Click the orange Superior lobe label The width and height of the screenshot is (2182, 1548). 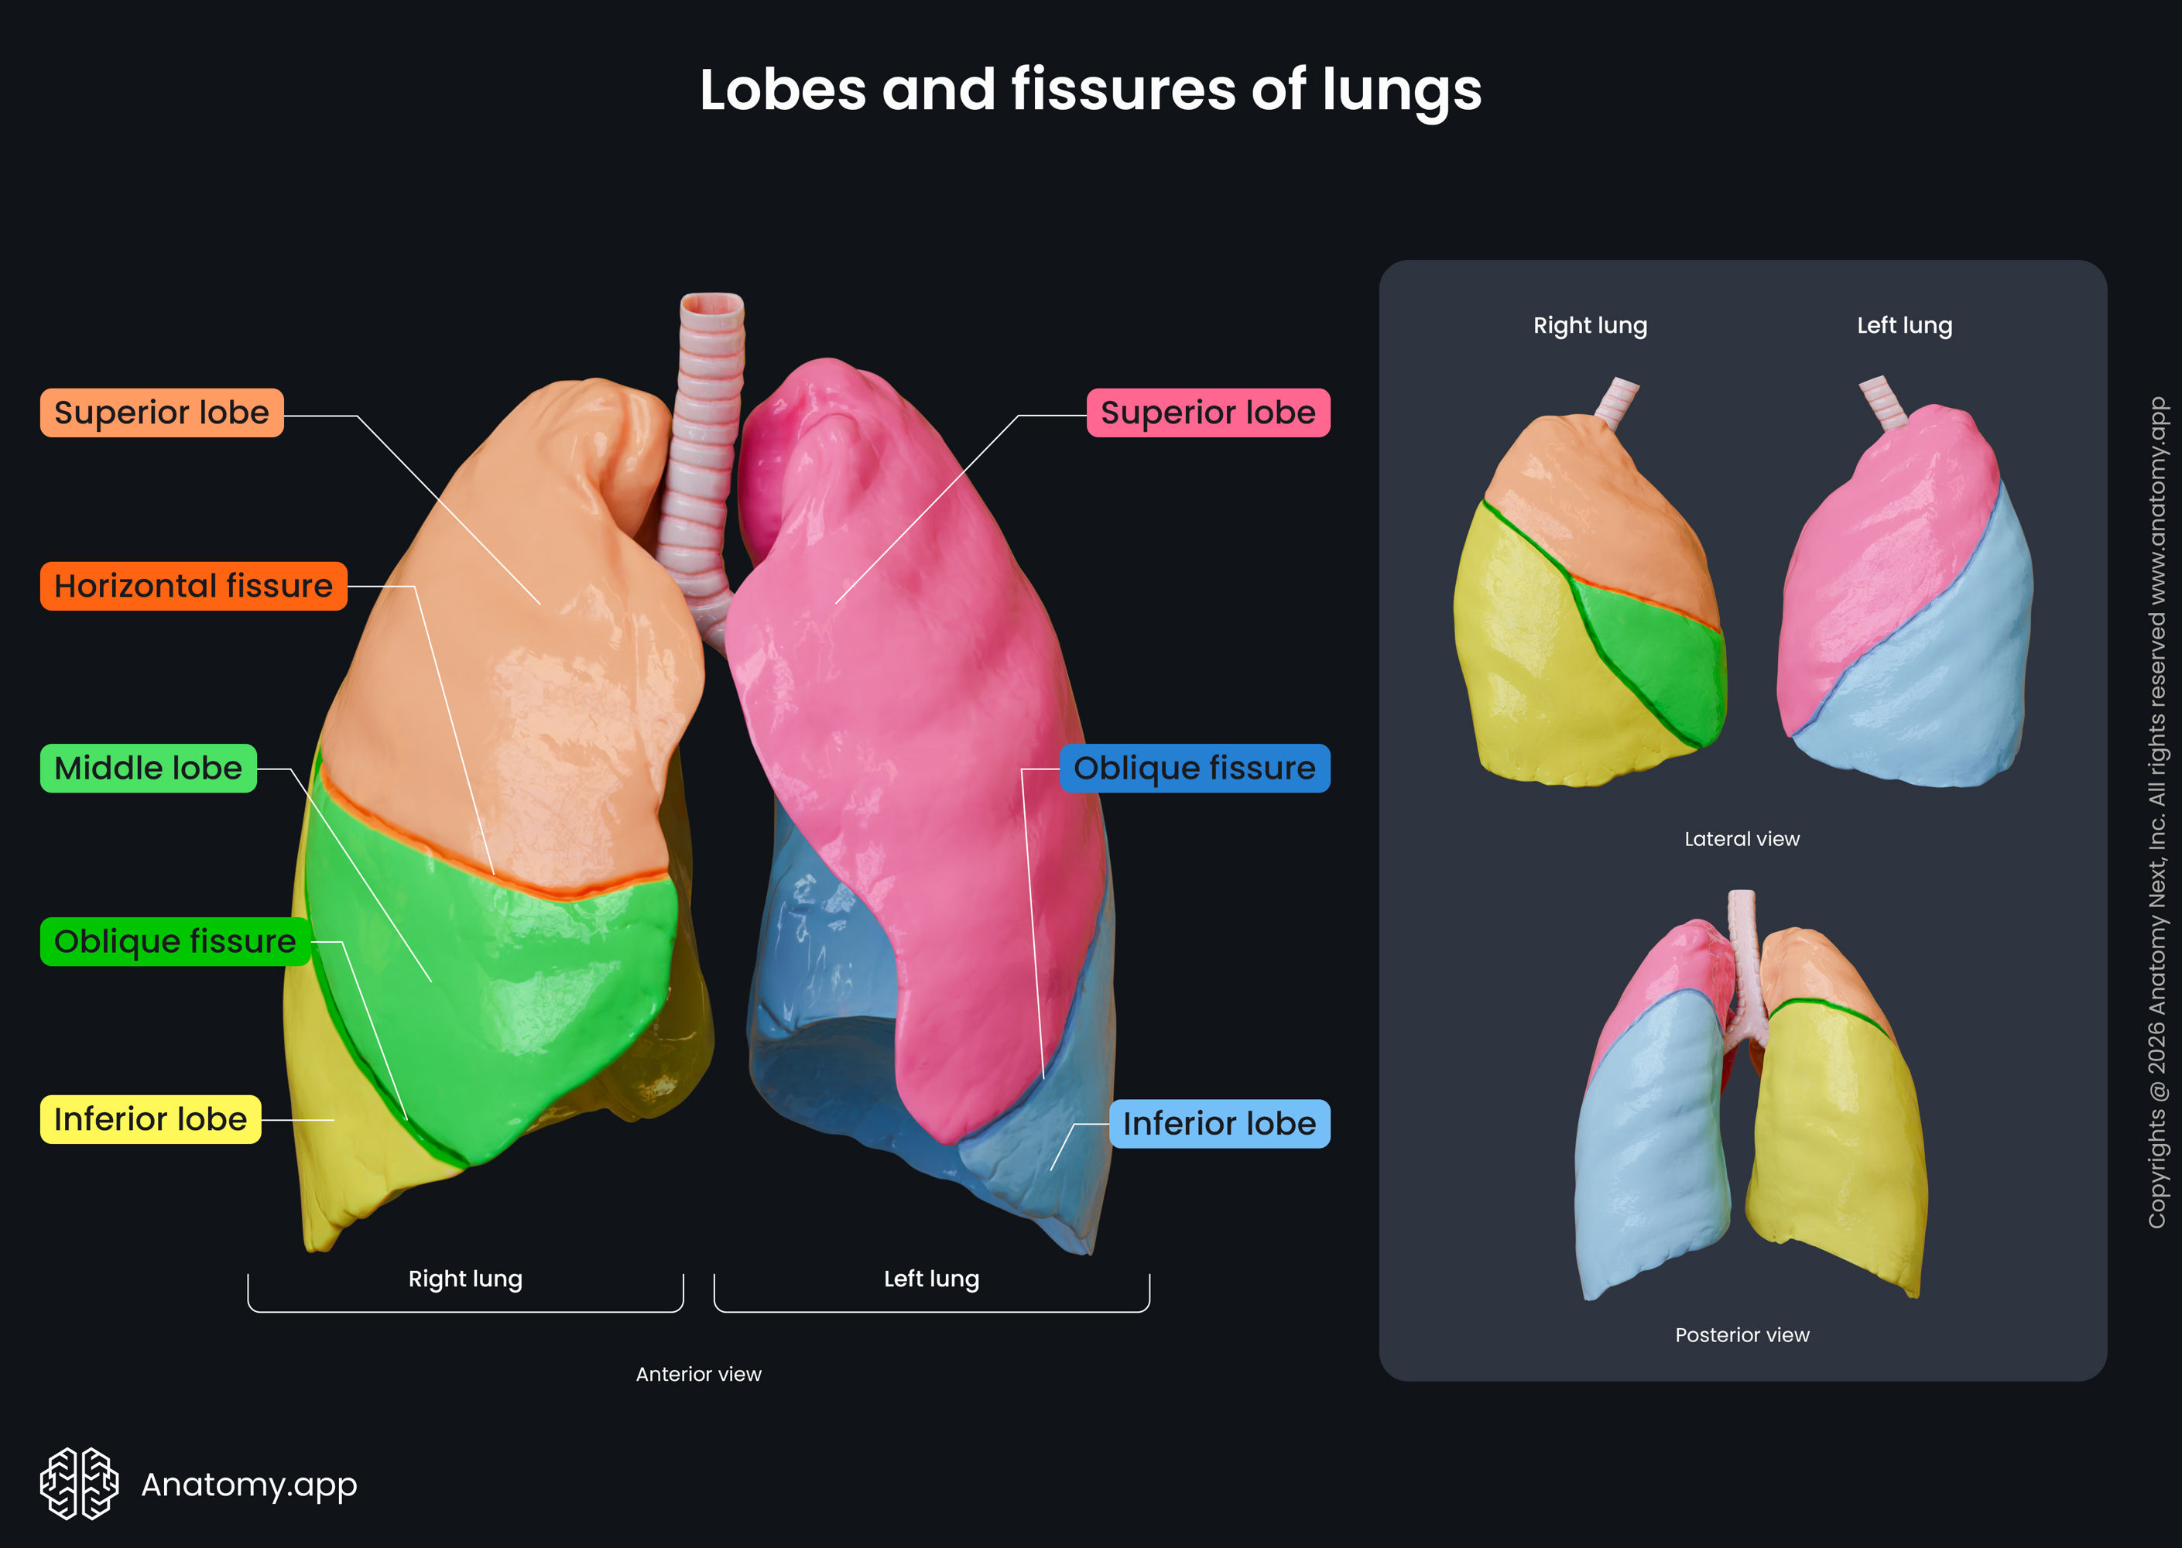pyautogui.click(x=161, y=413)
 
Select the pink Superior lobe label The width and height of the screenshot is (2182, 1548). pyautogui.click(x=1207, y=413)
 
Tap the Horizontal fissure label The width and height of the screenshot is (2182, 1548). pyautogui.click(x=194, y=586)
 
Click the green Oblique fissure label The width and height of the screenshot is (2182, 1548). pyautogui.click(x=174, y=942)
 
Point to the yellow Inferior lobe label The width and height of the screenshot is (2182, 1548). pyautogui.click(x=149, y=1119)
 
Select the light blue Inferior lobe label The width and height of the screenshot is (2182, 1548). pyautogui.click(x=1219, y=1124)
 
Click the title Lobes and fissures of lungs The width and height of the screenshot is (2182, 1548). pyautogui.click(x=1091, y=91)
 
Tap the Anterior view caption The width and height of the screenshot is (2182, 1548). pyautogui.click(x=699, y=1375)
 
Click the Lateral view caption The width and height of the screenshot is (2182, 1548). pyautogui.click(x=1742, y=839)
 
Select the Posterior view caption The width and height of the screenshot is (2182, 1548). pyautogui.click(x=1742, y=1335)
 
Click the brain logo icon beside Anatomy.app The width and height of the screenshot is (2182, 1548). pyautogui.click(x=79, y=1483)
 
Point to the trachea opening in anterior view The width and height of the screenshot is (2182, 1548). pyautogui.click(x=711, y=305)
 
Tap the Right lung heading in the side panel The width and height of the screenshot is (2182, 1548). pyautogui.click(x=1590, y=326)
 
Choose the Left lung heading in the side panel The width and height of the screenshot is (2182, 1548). pyautogui.click(x=1903, y=326)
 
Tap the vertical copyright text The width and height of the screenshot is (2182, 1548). pyautogui.click(x=2157, y=810)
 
